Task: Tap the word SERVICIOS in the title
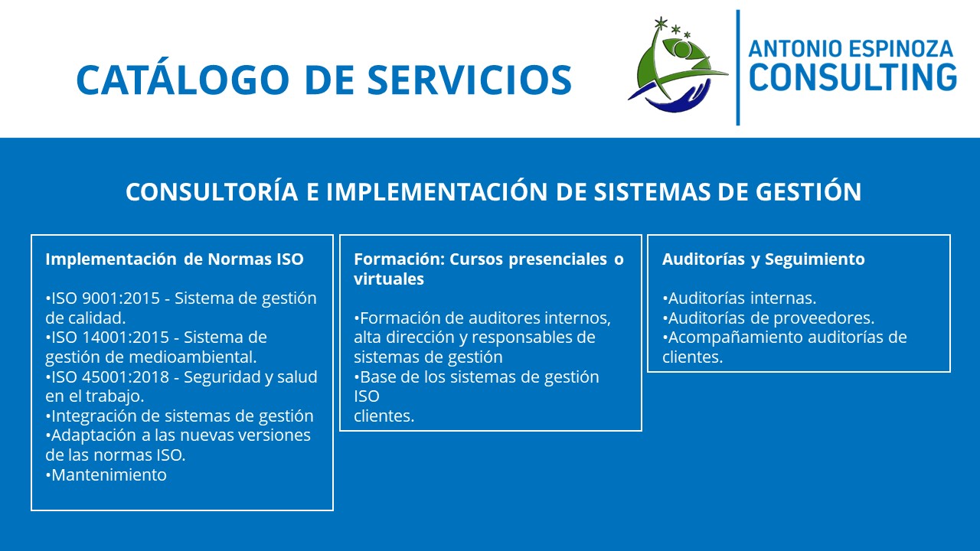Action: click(x=469, y=80)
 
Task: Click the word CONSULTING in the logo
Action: click(x=853, y=77)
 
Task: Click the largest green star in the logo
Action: click(x=660, y=23)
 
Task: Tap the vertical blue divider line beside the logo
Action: click(x=738, y=68)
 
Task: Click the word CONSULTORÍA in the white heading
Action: click(x=212, y=191)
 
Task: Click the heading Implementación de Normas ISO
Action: click(x=175, y=259)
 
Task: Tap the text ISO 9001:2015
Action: click(x=106, y=298)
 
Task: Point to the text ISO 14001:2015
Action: click(x=110, y=337)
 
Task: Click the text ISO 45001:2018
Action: click(x=110, y=377)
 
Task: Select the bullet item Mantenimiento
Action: click(x=106, y=474)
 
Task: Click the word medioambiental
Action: click(x=193, y=357)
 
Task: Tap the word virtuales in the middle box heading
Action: click(x=389, y=279)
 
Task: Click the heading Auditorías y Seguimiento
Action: click(x=763, y=259)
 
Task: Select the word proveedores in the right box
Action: click(x=825, y=318)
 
